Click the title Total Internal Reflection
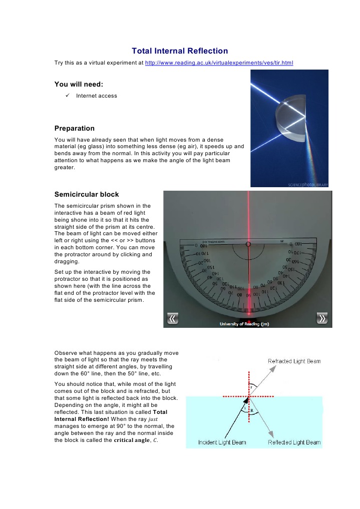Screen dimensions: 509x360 point(180,51)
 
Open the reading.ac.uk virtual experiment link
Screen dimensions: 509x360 point(219,63)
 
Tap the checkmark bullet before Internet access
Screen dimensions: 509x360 point(61,96)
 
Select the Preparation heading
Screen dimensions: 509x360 point(74,128)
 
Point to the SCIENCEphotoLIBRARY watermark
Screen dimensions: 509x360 point(307,184)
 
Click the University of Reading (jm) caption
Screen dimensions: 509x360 point(244,324)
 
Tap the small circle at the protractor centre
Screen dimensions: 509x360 point(248,245)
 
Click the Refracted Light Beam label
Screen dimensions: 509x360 point(294,361)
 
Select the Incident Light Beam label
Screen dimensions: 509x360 point(220,442)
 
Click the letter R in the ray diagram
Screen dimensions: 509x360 point(252,409)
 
